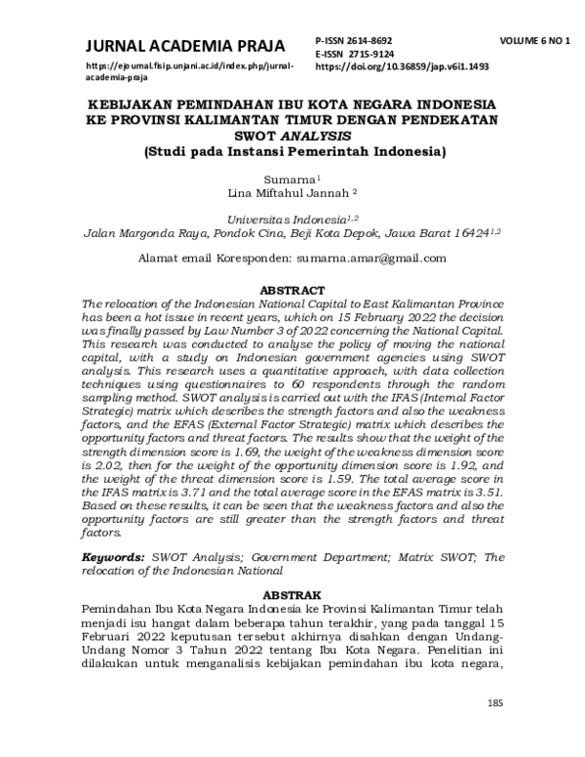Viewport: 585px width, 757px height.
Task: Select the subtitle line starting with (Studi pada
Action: coord(293,152)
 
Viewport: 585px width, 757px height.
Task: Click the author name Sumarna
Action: coord(289,180)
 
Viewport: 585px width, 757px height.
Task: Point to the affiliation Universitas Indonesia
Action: coord(286,220)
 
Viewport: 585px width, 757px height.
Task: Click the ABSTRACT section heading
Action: coord(293,290)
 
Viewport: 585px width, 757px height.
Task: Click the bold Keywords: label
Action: coord(114,555)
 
